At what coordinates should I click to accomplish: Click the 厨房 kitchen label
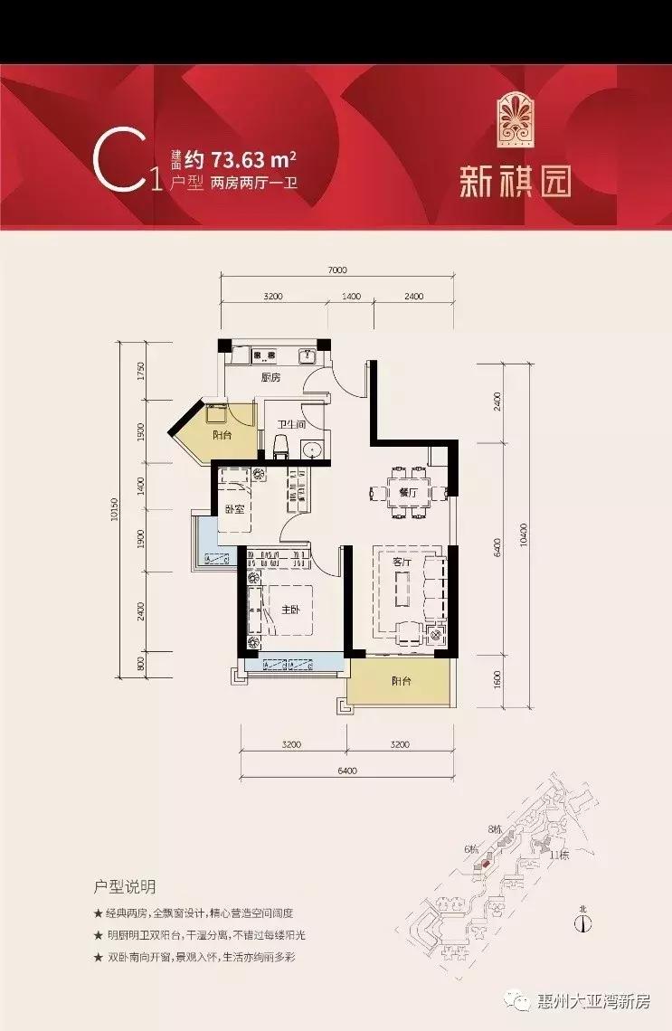269,378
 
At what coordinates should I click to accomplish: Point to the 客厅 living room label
402,563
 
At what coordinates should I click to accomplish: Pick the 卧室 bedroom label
235,509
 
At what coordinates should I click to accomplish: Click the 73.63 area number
239,162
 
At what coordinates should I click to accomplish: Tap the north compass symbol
583,923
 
